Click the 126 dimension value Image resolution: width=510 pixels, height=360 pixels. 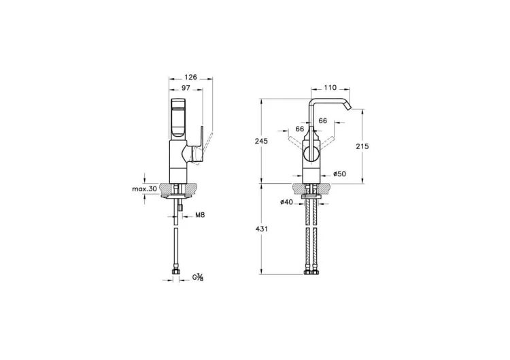tap(190, 77)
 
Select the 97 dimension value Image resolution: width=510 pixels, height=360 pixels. tap(186, 88)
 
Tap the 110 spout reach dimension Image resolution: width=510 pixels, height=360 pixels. tap(330, 88)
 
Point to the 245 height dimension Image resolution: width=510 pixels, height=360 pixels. tap(262, 142)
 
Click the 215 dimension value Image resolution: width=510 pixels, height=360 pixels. tap(362, 146)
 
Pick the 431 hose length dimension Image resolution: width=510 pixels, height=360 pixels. tap(262, 229)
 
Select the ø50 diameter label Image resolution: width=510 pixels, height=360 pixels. tap(339, 174)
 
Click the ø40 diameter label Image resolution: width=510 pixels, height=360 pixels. tap(286, 202)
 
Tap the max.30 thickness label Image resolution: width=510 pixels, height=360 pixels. tap(144, 189)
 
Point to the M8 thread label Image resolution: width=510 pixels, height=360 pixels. tap(200, 215)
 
